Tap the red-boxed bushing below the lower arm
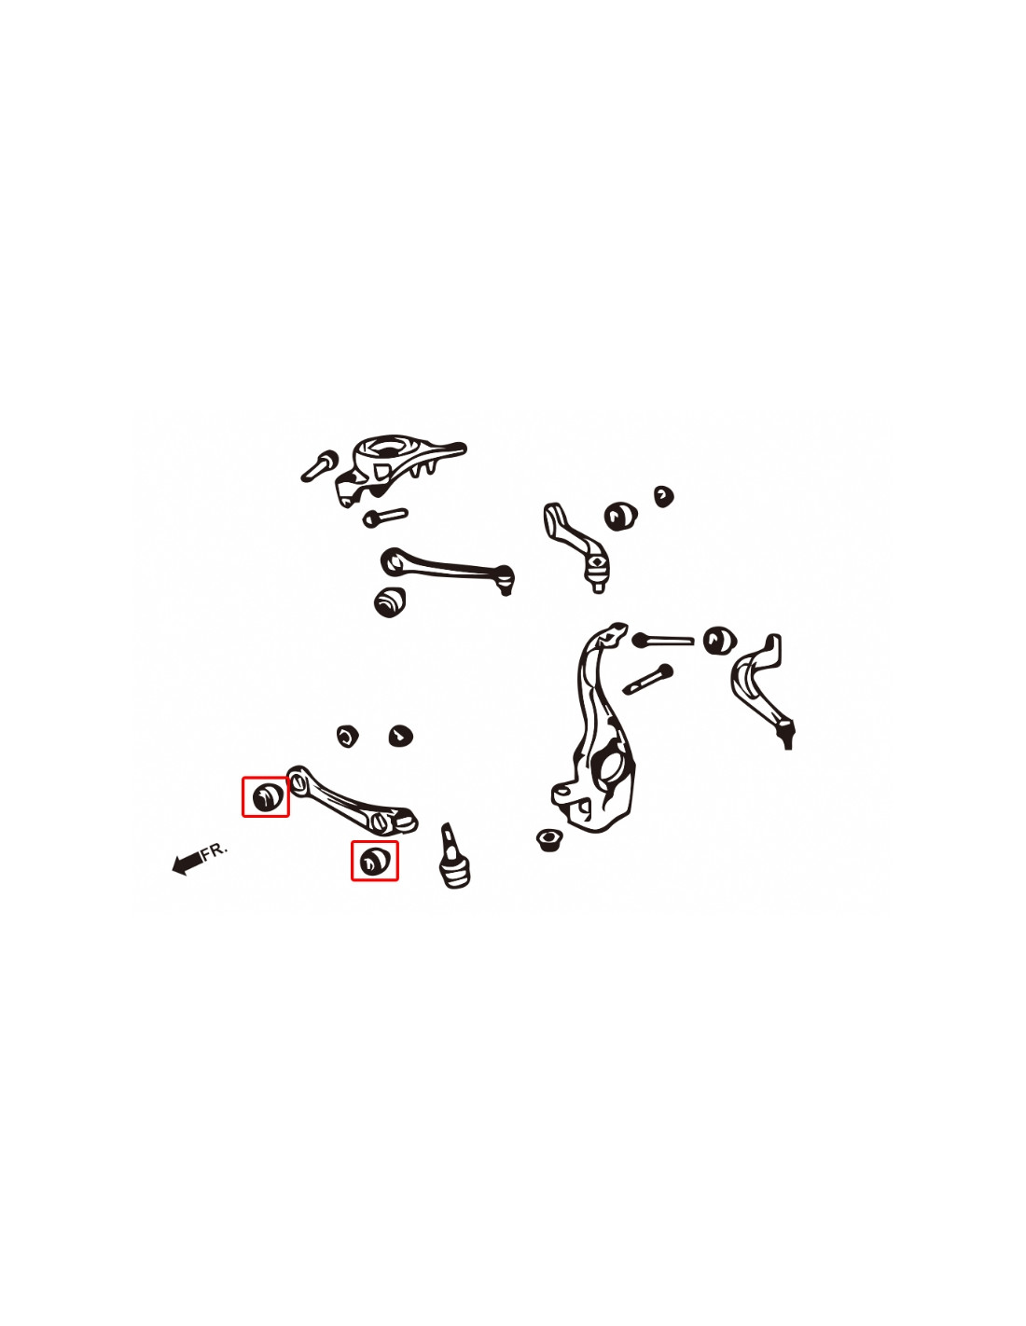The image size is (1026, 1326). coord(374,861)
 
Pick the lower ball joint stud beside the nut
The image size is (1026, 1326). coord(455,855)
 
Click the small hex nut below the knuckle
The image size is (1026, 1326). coord(549,839)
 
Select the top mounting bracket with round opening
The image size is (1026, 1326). coord(396,468)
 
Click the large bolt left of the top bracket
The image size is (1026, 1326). coord(319,466)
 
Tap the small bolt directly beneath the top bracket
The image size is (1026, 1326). coord(384,518)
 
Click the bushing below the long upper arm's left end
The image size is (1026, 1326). coord(389,601)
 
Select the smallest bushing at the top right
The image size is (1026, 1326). coord(663,496)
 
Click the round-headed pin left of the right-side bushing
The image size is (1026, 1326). coord(662,640)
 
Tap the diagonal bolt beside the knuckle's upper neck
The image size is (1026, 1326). coord(647,679)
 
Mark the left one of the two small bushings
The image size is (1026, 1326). coord(347,736)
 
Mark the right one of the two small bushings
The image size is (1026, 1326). coord(400,736)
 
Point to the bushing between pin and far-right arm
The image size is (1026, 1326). coord(720,641)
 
